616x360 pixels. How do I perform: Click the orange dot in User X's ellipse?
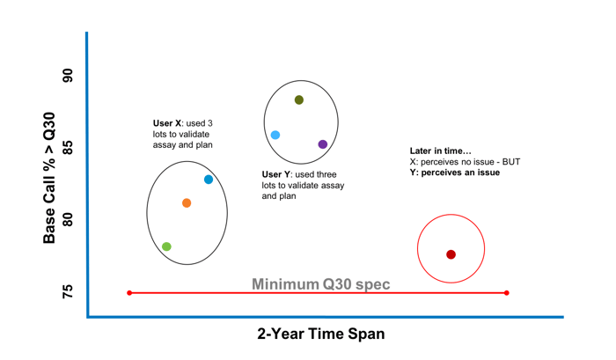pyautogui.click(x=187, y=203)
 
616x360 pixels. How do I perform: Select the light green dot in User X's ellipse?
pyautogui.click(x=166, y=246)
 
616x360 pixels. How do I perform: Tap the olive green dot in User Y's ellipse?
pyautogui.click(x=299, y=99)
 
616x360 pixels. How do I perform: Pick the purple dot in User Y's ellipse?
pyautogui.click(x=323, y=144)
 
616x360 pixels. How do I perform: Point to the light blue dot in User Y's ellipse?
pyautogui.click(x=275, y=136)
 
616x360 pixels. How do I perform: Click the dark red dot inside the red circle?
pyautogui.click(x=451, y=254)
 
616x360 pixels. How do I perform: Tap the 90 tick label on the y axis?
pyautogui.click(x=68, y=76)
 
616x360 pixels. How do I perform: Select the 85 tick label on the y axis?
pyautogui.click(x=68, y=148)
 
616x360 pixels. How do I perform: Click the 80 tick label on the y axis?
pyautogui.click(x=68, y=220)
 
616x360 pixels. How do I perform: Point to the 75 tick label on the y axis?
pyautogui.click(x=68, y=291)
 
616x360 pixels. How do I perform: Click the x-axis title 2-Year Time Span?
pyautogui.click(x=321, y=334)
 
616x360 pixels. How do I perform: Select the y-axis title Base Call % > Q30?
pyautogui.click(x=49, y=178)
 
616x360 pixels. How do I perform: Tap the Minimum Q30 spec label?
pyautogui.click(x=321, y=284)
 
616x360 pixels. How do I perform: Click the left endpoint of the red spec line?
pyautogui.click(x=129, y=293)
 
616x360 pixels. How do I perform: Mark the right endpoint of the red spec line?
pyautogui.click(x=506, y=293)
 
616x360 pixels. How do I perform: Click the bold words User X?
pyautogui.click(x=167, y=123)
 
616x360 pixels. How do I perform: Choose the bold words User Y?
pyautogui.click(x=276, y=174)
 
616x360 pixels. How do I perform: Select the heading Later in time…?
pyautogui.click(x=440, y=151)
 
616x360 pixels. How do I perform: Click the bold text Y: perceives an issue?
pyautogui.click(x=455, y=173)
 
